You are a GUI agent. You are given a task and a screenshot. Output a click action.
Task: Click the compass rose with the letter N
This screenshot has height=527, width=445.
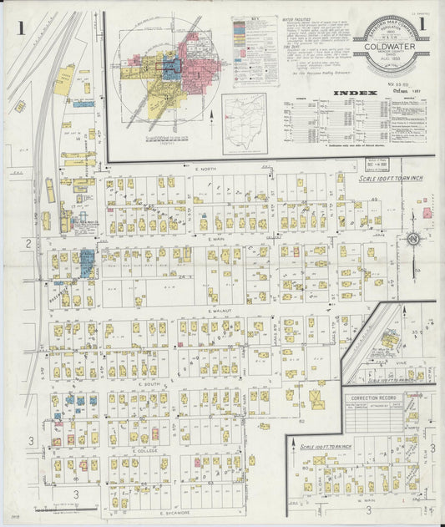pyautogui.click(x=412, y=241)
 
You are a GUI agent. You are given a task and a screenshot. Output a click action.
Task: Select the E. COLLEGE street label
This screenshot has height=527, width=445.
pyautogui.click(x=145, y=450)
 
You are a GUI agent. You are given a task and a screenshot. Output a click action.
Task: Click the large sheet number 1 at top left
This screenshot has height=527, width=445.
pyautogui.click(x=19, y=28)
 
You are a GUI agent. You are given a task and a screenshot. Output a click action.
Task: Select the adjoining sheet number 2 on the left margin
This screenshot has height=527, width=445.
pyautogui.click(x=28, y=243)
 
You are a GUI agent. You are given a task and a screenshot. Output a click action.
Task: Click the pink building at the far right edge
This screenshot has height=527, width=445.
pyautogui.click(x=427, y=213)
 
